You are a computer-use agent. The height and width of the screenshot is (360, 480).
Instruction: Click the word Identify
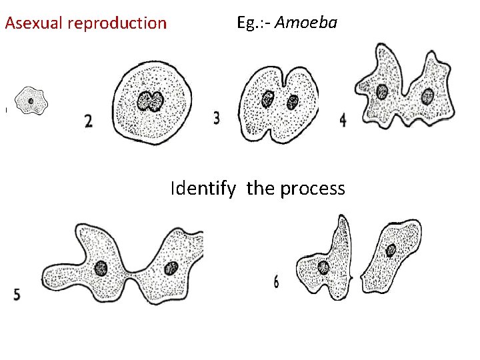(203, 189)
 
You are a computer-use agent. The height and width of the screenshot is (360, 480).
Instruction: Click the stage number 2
(89, 121)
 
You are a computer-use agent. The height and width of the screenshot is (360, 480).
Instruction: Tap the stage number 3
(217, 118)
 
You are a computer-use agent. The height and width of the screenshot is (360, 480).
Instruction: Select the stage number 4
(343, 120)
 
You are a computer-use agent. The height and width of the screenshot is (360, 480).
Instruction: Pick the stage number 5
(17, 294)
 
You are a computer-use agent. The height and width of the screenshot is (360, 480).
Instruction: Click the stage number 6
(276, 283)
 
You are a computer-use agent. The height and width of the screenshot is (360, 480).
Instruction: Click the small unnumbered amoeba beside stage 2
(31, 101)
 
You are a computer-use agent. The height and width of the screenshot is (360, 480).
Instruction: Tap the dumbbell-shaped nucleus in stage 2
(151, 101)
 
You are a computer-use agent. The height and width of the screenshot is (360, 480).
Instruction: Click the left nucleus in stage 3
(268, 99)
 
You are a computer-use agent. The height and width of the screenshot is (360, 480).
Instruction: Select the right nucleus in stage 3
(292, 102)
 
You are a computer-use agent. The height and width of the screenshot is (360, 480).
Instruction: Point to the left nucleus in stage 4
(382, 91)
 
